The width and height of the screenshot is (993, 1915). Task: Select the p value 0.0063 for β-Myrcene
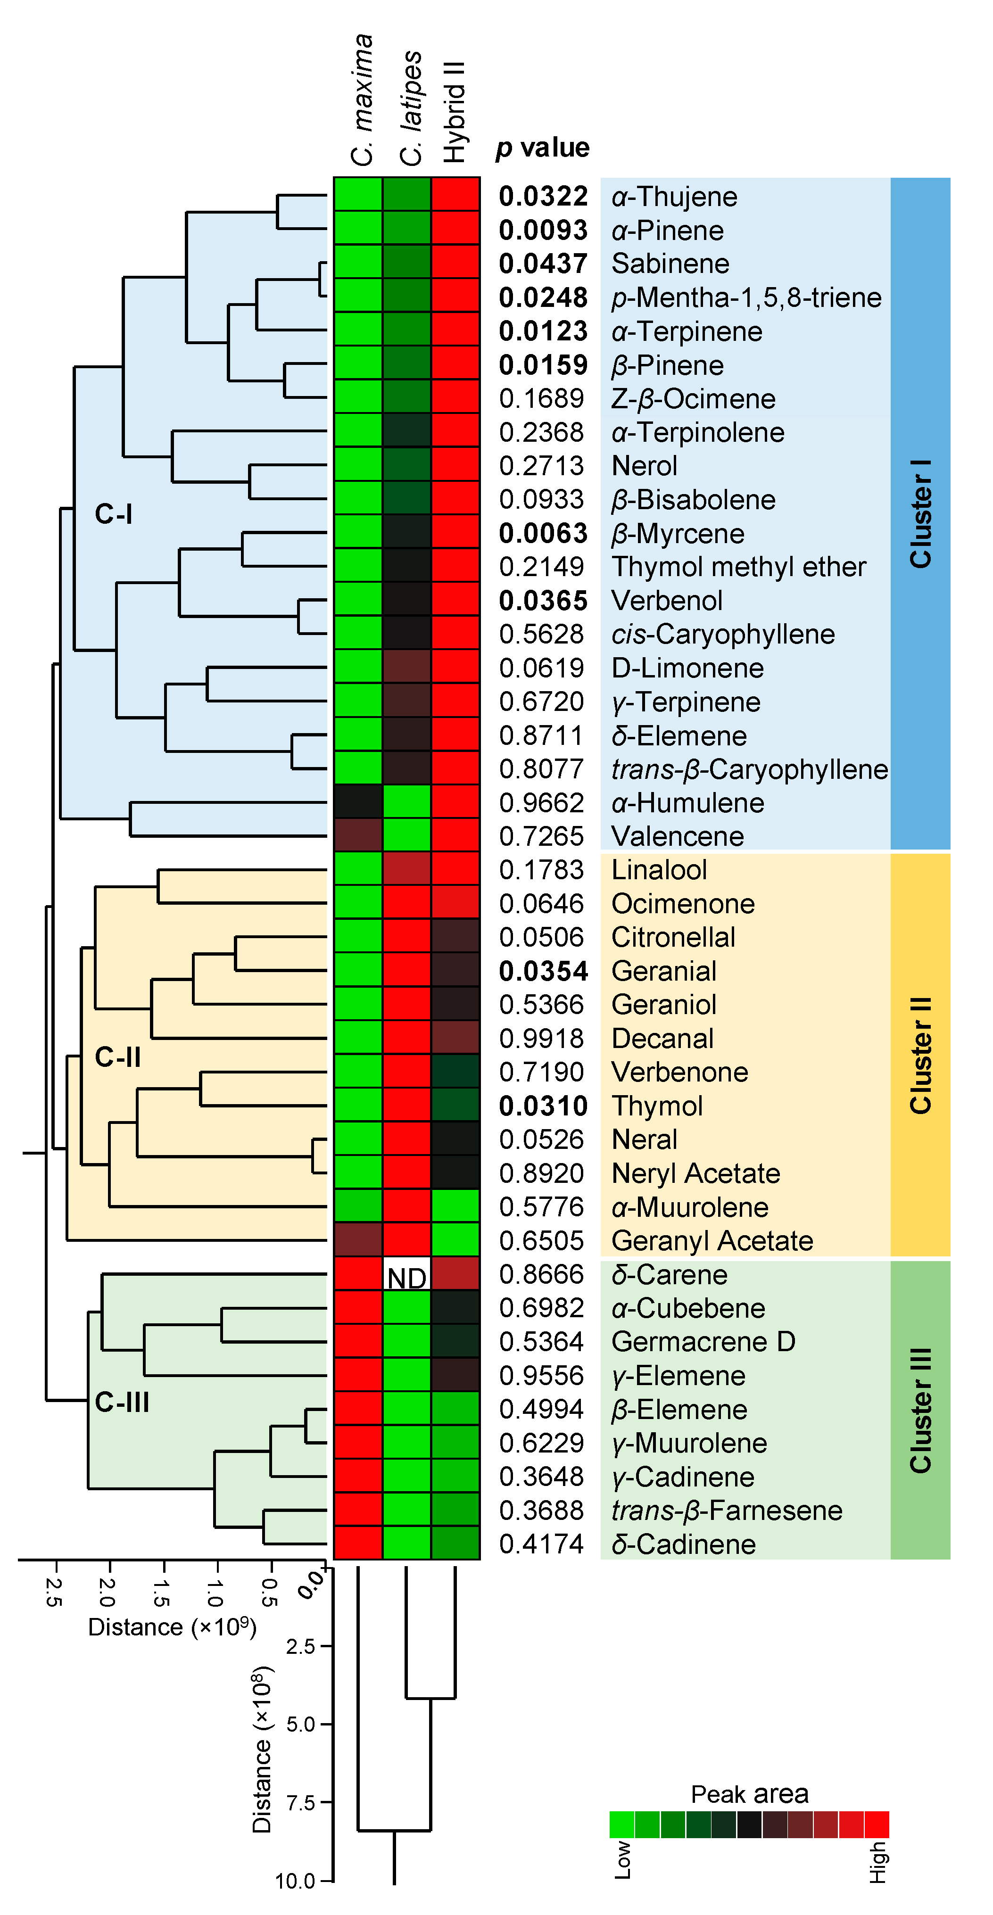tap(543, 533)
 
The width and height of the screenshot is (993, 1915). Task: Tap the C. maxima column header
tap(362, 100)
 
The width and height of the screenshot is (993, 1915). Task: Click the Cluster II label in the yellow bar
tap(920, 1056)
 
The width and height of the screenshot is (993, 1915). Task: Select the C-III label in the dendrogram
tap(122, 1402)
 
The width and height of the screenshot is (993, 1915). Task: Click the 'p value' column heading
tap(543, 147)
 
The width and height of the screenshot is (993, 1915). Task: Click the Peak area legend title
tap(749, 1794)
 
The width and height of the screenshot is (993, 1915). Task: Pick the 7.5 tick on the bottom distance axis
tap(301, 1802)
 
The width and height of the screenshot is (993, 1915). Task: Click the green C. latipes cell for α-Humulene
tap(406, 802)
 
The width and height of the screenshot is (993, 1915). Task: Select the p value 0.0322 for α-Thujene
tap(543, 196)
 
